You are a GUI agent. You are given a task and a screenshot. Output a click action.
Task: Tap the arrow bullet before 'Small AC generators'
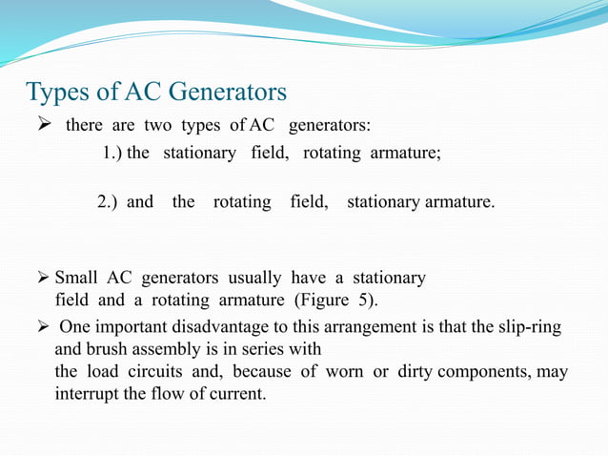click(44, 279)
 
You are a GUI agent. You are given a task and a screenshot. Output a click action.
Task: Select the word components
click(489, 370)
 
